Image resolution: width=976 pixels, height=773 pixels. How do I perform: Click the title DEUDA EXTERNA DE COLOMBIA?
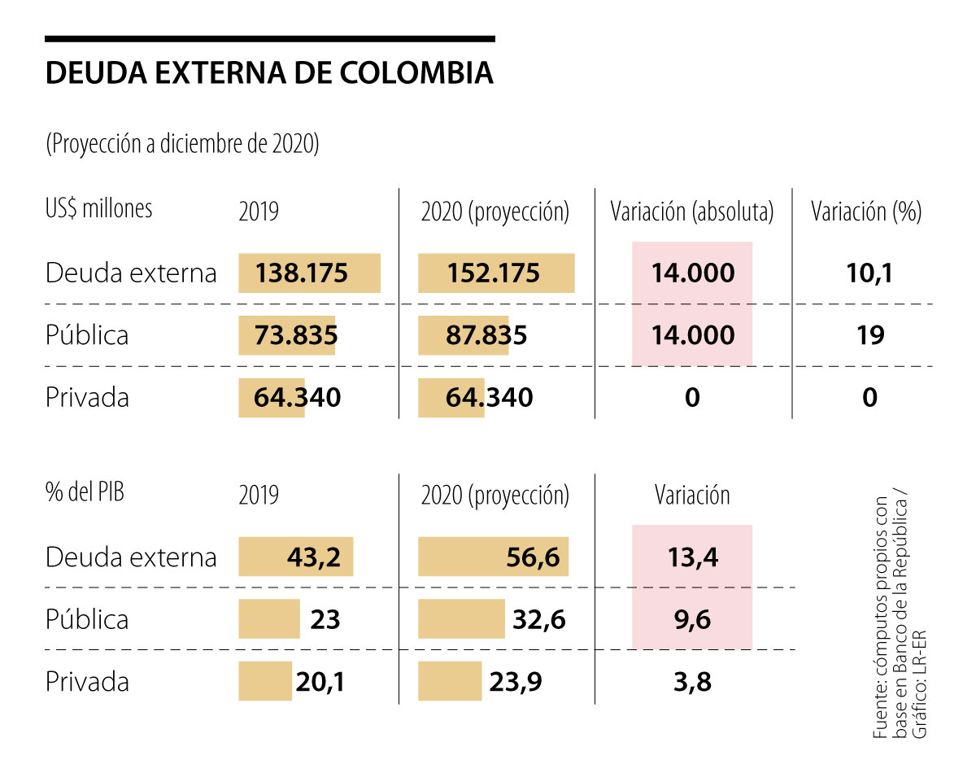(269, 72)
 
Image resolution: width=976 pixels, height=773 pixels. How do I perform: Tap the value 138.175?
(302, 273)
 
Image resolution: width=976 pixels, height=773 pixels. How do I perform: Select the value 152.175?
(493, 273)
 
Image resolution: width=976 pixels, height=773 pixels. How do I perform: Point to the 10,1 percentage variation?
(869, 273)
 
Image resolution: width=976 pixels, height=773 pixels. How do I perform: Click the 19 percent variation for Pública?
(870, 335)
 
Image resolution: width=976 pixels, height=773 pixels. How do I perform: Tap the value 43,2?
(313, 557)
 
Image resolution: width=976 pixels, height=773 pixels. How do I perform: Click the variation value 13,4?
(692, 557)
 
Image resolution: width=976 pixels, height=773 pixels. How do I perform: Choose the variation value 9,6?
(692, 620)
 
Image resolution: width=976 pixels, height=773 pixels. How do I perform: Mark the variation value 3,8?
(692, 682)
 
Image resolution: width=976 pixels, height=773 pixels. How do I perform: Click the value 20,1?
(320, 682)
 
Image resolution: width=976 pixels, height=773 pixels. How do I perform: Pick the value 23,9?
(516, 682)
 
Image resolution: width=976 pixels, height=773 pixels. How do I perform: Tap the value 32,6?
(540, 620)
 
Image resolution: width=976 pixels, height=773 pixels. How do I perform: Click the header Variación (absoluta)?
(691, 212)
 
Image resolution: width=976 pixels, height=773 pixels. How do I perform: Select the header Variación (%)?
(866, 212)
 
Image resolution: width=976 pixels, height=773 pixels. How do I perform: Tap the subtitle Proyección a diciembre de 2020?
(182, 144)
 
